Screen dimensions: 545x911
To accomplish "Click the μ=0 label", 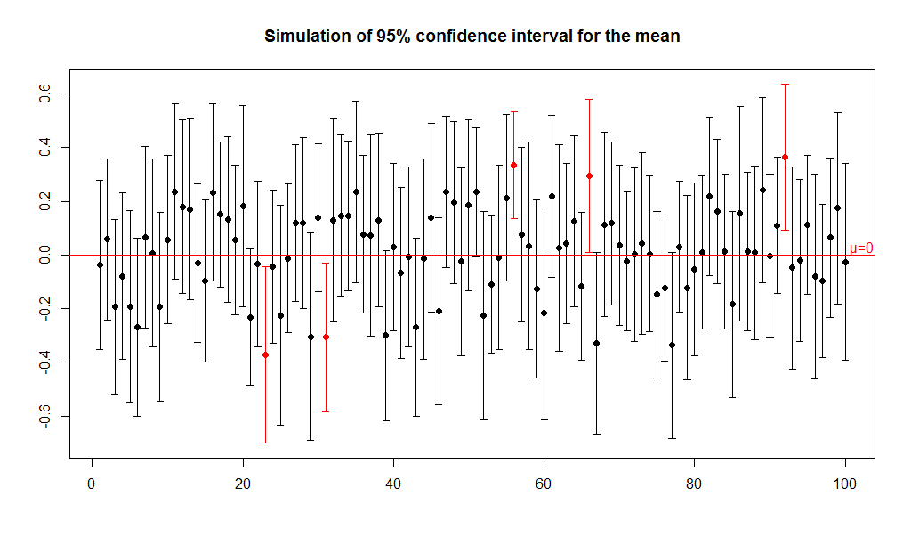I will [x=861, y=248].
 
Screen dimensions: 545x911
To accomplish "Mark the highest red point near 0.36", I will [x=785, y=157].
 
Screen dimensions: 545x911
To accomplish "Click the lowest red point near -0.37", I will [x=265, y=354].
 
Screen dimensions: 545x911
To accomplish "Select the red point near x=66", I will [x=589, y=175].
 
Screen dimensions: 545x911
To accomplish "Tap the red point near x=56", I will [x=513, y=165].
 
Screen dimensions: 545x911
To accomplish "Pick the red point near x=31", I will [x=326, y=337].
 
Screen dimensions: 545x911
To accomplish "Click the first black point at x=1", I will [x=100, y=264].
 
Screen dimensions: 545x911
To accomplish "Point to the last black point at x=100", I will [x=845, y=262].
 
